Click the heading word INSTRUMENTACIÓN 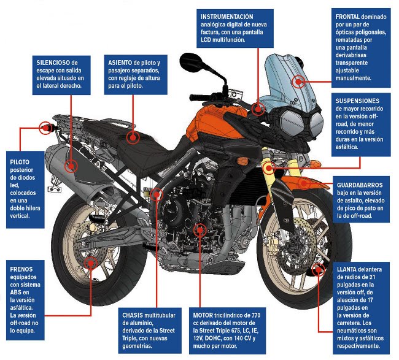click(227, 15)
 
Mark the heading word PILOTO click(20, 162)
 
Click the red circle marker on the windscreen click(298, 80)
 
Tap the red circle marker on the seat click(131, 136)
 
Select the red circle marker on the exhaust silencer click(71, 164)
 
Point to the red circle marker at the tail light click(45, 128)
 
